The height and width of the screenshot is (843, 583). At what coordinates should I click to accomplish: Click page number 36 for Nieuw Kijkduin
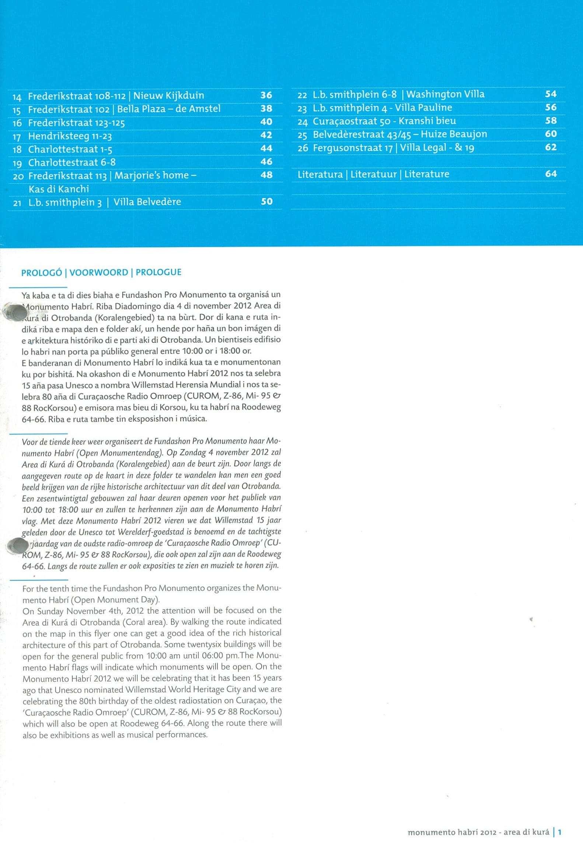coord(266,95)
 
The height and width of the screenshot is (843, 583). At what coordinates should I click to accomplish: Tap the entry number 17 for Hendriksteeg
coord(17,137)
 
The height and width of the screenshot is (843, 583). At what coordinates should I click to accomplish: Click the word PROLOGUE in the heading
coord(158,272)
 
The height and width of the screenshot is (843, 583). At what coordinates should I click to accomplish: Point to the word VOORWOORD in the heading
coord(99,272)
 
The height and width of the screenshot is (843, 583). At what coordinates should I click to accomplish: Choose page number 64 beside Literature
coord(551,174)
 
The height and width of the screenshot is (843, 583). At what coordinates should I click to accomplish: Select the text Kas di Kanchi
coord(59,189)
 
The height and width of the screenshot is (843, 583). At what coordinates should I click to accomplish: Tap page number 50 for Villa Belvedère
coord(266,201)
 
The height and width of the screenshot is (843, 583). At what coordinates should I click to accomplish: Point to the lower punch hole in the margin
coord(15,546)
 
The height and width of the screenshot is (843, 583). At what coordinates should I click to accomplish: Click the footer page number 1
coord(559,832)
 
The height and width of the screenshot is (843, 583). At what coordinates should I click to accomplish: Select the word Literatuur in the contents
coord(373,174)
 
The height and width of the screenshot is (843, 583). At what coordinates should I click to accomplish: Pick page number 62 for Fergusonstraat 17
coord(551,147)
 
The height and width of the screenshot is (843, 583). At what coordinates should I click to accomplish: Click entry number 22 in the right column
coord(302,95)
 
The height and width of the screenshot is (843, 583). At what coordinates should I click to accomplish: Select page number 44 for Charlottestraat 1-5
coord(266,148)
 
